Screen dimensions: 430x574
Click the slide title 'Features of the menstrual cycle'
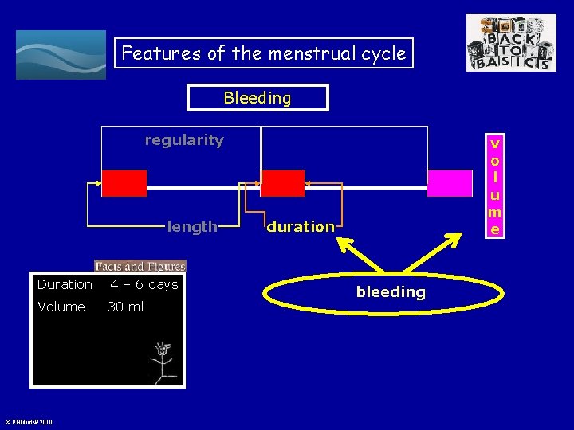[x=264, y=53]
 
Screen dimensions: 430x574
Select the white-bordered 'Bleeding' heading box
[x=258, y=98]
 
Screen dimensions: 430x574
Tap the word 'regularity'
[x=184, y=140]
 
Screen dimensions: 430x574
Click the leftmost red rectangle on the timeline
[x=124, y=183]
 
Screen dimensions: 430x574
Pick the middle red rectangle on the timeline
[x=283, y=183]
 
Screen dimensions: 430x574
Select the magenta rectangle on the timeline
[x=450, y=183]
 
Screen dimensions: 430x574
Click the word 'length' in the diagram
[x=192, y=226]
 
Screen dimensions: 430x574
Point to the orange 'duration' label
[x=301, y=226]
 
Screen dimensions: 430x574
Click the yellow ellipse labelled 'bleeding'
[x=391, y=292]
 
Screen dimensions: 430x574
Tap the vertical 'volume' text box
[x=495, y=187]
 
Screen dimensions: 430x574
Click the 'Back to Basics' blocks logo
[x=511, y=43]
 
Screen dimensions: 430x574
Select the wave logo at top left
[x=61, y=55]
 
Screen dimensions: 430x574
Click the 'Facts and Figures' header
[x=140, y=267]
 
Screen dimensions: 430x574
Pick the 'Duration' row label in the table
[x=65, y=285]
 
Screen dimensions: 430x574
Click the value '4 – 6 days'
[x=143, y=284]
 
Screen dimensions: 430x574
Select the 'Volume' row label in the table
[x=61, y=307]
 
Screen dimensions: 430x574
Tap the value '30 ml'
[x=126, y=307]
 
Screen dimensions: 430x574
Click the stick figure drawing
[x=162, y=362]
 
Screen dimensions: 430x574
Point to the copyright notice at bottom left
[x=29, y=422]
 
